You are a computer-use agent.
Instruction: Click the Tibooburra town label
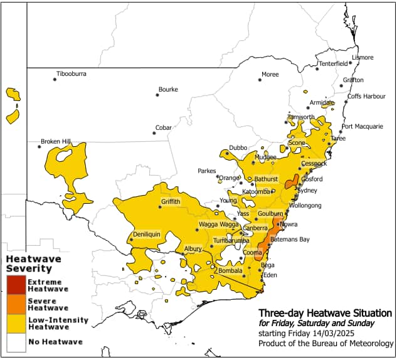[71, 74]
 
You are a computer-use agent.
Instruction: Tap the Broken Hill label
[56, 141]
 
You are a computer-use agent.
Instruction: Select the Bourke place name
[168, 89]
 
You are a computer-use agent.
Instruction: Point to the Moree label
[270, 75]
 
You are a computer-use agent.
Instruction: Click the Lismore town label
[363, 58]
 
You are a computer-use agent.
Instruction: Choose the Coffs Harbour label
[367, 96]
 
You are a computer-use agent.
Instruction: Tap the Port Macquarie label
[363, 126]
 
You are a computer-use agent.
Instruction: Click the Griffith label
[171, 201]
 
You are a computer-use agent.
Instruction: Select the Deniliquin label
[147, 235]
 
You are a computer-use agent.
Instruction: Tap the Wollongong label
[305, 205]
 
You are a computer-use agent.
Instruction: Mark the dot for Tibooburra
[55, 78]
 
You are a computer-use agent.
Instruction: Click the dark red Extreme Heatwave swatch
[16, 285]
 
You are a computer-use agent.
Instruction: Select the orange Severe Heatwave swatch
[16, 304]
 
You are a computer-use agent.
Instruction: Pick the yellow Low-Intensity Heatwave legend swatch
[16, 323]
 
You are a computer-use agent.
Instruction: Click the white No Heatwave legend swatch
[16, 342]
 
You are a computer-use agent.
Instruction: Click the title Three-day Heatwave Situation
[325, 312]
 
